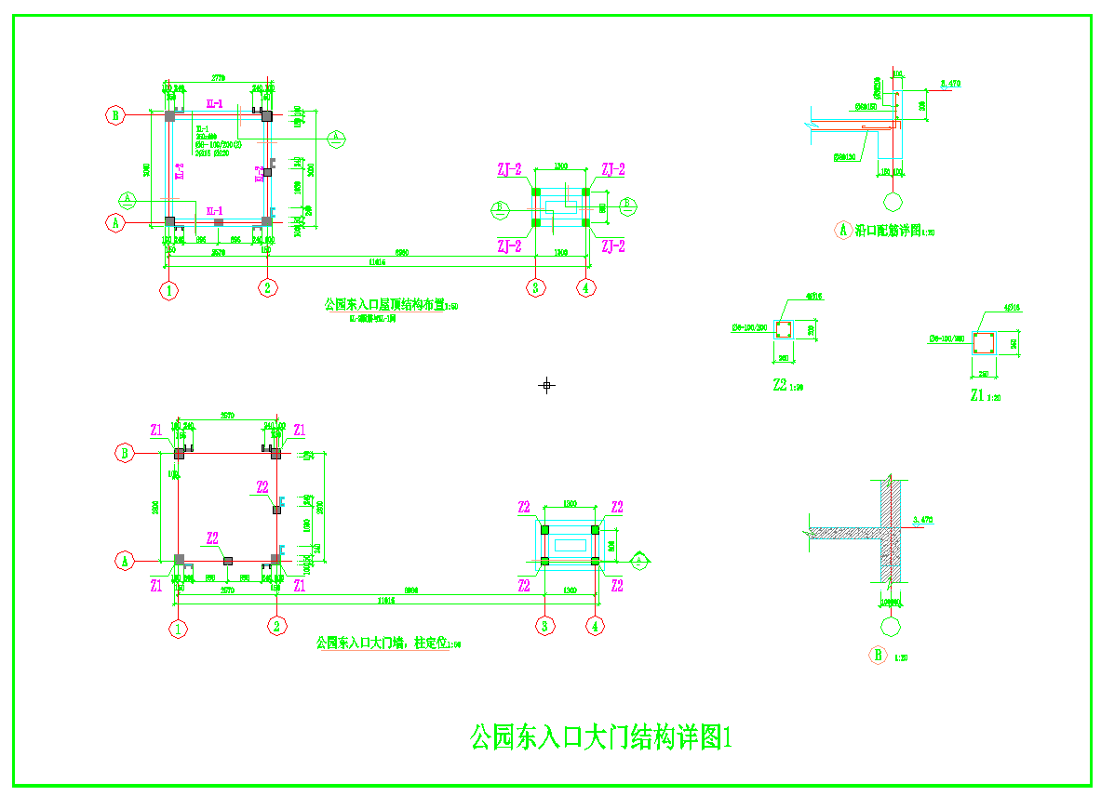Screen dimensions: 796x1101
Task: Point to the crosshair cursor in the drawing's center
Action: pos(547,384)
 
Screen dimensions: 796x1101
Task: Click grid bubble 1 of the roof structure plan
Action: pos(168,289)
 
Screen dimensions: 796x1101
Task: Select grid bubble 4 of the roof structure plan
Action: pos(585,287)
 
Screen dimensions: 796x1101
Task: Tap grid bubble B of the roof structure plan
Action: pos(115,115)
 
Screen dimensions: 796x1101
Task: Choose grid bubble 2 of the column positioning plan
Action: pos(276,626)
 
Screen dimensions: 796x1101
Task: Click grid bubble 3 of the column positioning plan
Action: pos(545,626)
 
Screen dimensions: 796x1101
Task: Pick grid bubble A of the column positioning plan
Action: pos(125,561)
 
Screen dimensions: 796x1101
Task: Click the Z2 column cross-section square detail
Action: pos(783,329)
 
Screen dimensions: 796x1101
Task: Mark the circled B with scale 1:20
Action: pos(878,656)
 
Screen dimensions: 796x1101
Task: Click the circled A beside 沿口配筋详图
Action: pos(844,230)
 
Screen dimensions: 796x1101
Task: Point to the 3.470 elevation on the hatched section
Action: pos(924,519)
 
